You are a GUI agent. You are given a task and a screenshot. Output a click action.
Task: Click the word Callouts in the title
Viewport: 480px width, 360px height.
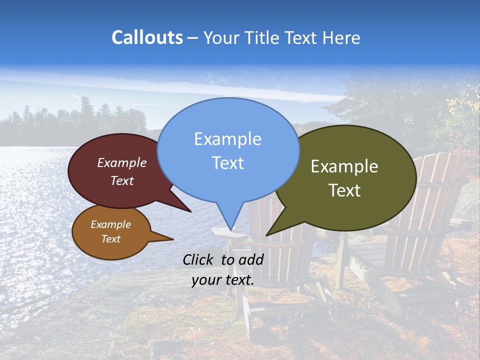tap(147, 37)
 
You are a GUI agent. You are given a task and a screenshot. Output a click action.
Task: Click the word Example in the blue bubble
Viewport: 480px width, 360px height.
tap(227, 139)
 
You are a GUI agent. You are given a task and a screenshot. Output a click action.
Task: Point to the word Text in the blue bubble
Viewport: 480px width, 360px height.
tap(227, 163)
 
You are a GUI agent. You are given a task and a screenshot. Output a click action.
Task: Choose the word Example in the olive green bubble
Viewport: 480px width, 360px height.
tap(344, 166)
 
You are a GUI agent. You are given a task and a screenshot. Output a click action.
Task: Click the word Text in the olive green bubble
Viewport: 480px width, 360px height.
tap(344, 190)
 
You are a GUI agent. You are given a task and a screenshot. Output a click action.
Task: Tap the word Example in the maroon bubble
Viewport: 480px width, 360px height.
tap(122, 163)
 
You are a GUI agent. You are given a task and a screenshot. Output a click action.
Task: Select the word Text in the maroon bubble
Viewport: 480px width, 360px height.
tap(122, 180)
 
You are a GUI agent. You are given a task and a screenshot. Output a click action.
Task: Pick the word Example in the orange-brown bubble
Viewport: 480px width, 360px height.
tap(110, 224)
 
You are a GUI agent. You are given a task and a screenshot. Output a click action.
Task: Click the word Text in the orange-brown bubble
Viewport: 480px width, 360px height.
tap(110, 239)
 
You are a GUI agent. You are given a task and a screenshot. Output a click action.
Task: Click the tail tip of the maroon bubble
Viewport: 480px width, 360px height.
tap(190, 211)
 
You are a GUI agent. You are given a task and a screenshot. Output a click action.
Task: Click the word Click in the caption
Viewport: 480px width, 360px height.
tap(198, 259)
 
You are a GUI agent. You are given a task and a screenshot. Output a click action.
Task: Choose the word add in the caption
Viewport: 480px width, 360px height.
tap(251, 259)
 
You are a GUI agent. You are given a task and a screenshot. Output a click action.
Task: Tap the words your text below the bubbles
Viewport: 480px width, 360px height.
tap(223, 280)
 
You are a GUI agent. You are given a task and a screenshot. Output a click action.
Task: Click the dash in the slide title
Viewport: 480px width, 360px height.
tap(192, 37)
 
